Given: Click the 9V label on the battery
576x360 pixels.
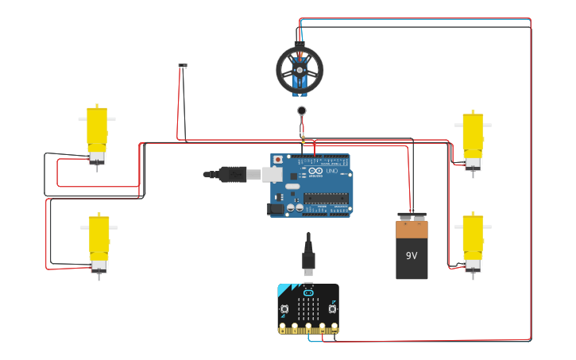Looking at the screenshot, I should coord(412,256).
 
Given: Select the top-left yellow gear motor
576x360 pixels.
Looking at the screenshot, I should coord(97,131).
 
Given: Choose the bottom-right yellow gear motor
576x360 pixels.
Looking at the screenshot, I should coord(473,238).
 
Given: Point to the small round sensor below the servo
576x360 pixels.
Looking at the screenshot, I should coord(302,111).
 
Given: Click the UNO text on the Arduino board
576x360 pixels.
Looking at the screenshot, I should coord(331,171).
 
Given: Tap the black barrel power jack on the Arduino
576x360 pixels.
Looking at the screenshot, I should coord(276,209).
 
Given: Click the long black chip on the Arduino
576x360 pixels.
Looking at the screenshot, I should coord(326,199).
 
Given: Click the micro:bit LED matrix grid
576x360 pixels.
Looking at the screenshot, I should coord(308,307).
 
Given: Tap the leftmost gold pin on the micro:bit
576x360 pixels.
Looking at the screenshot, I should coord(282,327).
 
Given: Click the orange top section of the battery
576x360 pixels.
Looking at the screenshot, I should coord(412,229).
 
